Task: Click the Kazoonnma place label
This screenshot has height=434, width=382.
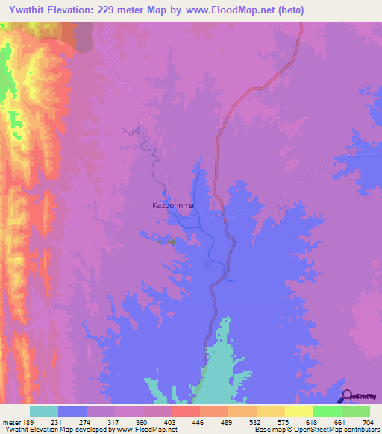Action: tap(173, 204)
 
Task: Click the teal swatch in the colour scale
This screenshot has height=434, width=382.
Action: tap(44, 411)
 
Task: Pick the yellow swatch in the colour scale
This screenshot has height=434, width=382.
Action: tap(298, 411)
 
